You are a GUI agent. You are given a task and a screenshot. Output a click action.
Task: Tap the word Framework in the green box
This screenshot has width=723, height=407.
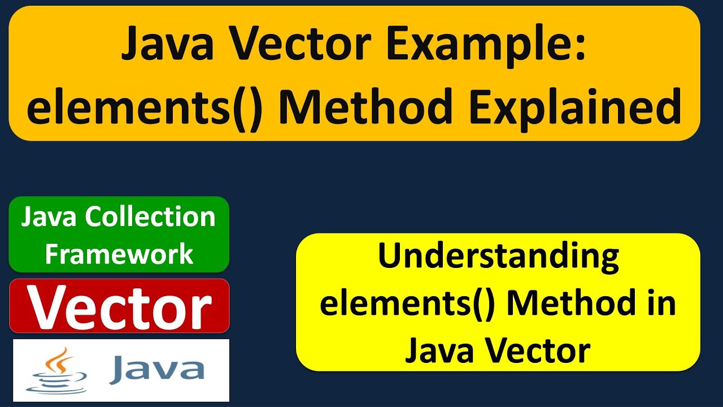(119, 254)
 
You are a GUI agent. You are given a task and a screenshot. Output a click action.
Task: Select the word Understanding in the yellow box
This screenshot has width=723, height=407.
(498, 257)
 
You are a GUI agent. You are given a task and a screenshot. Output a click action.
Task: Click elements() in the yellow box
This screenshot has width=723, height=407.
(407, 303)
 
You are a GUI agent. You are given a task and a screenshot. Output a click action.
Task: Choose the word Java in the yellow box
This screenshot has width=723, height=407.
(441, 350)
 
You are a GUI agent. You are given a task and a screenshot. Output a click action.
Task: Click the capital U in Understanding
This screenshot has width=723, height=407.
(391, 257)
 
